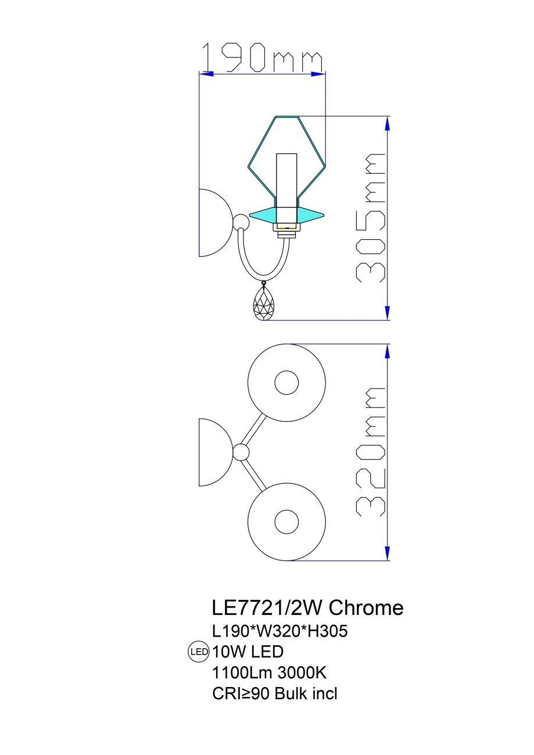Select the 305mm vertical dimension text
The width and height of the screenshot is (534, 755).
370,218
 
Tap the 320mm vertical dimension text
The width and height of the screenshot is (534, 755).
370,451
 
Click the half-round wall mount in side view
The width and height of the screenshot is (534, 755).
213,222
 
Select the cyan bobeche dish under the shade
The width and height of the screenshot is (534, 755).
286,214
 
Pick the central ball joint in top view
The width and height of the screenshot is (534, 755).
241,452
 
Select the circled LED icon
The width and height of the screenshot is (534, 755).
199,652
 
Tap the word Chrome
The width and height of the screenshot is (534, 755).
366,608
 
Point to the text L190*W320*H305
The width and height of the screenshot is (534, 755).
280,631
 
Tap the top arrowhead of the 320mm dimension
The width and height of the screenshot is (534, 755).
386,351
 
